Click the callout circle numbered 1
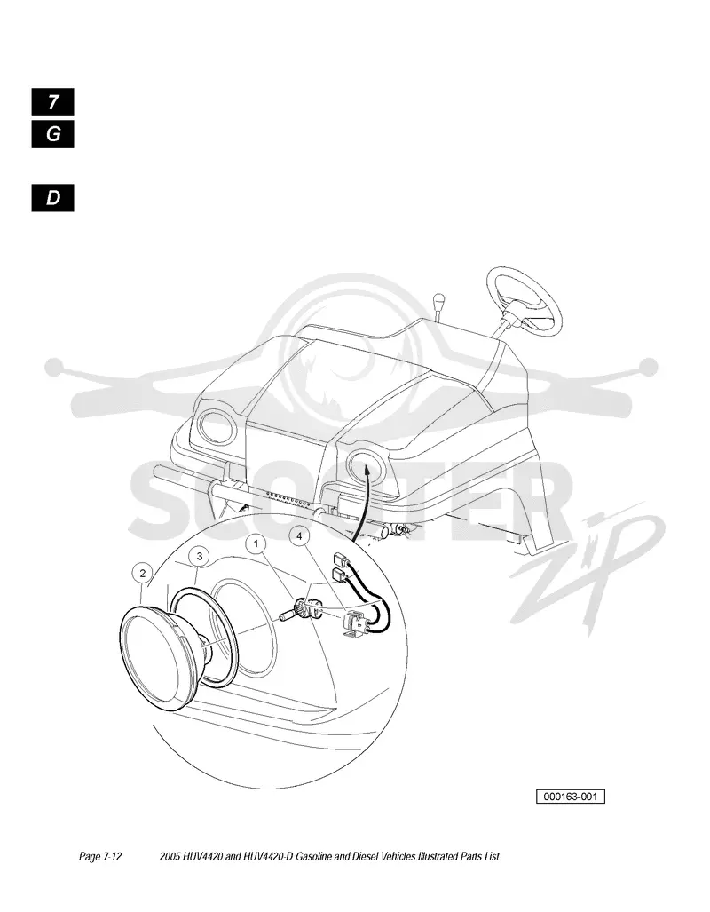tap(256, 543)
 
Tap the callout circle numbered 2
tap(143, 574)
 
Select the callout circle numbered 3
tap(200, 556)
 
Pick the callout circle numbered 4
tap(299, 535)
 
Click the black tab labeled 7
tap(53, 102)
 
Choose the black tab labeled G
tap(53, 134)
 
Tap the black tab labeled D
tap(53, 198)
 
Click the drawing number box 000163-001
tap(571, 797)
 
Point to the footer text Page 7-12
tap(100, 856)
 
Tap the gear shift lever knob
tap(438, 303)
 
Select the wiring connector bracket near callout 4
tap(355, 625)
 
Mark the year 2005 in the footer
tap(170, 856)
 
